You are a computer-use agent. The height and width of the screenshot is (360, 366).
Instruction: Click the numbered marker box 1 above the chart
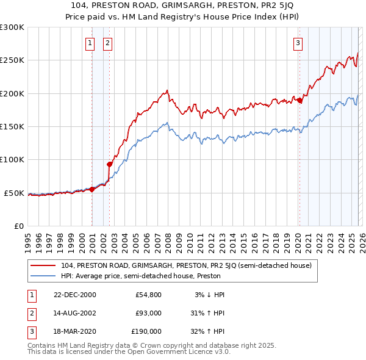click(x=90, y=43)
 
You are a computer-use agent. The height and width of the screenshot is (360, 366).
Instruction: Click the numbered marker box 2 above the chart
click(x=107, y=43)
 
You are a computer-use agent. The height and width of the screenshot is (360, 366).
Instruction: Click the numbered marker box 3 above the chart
click(x=298, y=43)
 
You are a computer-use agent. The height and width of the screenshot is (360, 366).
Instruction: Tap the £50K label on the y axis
click(x=14, y=193)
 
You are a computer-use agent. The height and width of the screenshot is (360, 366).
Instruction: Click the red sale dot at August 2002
click(x=109, y=164)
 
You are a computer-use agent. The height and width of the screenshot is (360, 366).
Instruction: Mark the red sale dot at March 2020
click(x=300, y=100)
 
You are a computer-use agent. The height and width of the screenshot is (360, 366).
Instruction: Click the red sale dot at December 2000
click(x=92, y=189)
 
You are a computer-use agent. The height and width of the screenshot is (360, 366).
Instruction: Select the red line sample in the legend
click(x=43, y=265)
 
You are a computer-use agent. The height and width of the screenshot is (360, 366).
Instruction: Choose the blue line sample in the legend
click(x=43, y=276)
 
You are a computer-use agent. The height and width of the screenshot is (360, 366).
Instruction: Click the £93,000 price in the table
click(x=148, y=312)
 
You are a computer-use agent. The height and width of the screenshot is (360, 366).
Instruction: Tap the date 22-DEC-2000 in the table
click(x=74, y=295)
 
